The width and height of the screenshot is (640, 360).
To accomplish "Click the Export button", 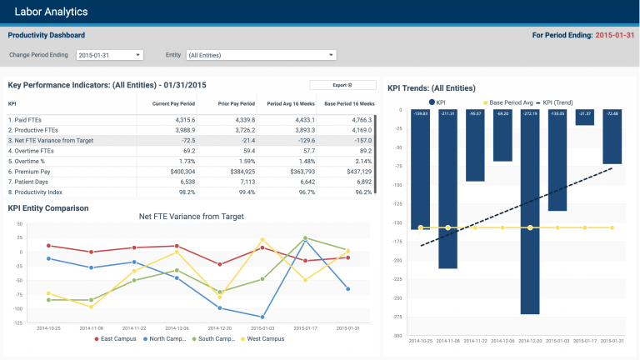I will pyautogui.click(x=342, y=85).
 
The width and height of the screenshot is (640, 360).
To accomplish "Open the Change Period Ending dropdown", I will pyautogui.click(x=110, y=55).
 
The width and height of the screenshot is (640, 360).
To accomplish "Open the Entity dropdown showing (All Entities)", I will pyautogui.click(x=261, y=55).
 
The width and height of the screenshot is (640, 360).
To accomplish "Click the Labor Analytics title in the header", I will pyautogui.click(x=51, y=12).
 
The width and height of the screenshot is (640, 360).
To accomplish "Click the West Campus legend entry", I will pyautogui.click(x=262, y=338).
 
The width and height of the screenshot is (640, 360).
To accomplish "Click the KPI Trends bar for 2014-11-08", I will pyautogui.click(x=448, y=192).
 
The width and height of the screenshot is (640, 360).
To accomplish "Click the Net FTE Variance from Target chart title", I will pyautogui.click(x=192, y=217).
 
